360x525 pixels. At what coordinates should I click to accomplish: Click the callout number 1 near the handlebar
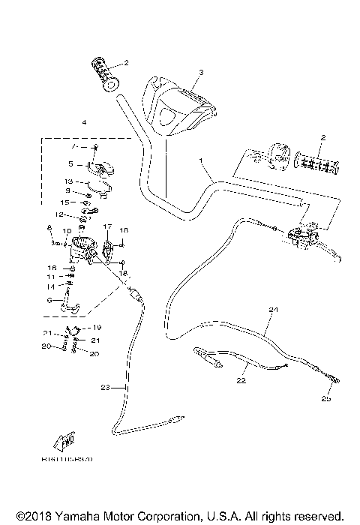(x=202, y=160)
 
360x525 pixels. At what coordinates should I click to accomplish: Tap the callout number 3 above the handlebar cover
(x=201, y=73)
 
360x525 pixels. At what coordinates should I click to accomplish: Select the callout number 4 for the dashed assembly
(x=85, y=121)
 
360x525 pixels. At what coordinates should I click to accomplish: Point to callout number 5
(x=70, y=163)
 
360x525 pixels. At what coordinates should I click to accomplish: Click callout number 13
(x=67, y=181)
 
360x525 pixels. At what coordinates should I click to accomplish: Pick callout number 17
(x=107, y=226)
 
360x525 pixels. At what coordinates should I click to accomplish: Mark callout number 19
(x=97, y=328)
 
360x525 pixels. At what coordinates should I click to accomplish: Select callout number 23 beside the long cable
(x=104, y=387)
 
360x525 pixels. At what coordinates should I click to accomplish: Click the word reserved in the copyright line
(x=319, y=517)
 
